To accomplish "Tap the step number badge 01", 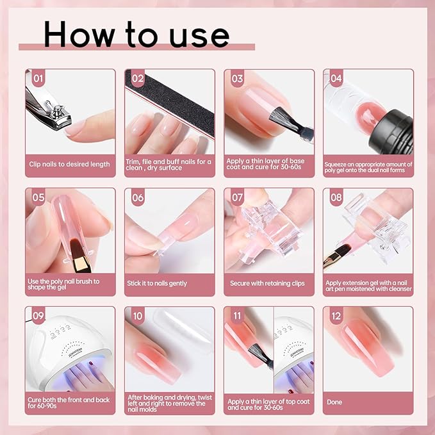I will click(x=38, y=79).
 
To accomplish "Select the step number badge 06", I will click(x=137, y=198).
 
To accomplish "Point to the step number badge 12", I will click(x=336, y=316).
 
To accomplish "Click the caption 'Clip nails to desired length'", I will click(x=70, y=164).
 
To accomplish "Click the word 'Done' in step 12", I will click(x=334, y=402).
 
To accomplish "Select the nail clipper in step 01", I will click(x=48, y=109).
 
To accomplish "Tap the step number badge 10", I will click(x=137, y=316).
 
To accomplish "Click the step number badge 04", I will click(x=336, y=79).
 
